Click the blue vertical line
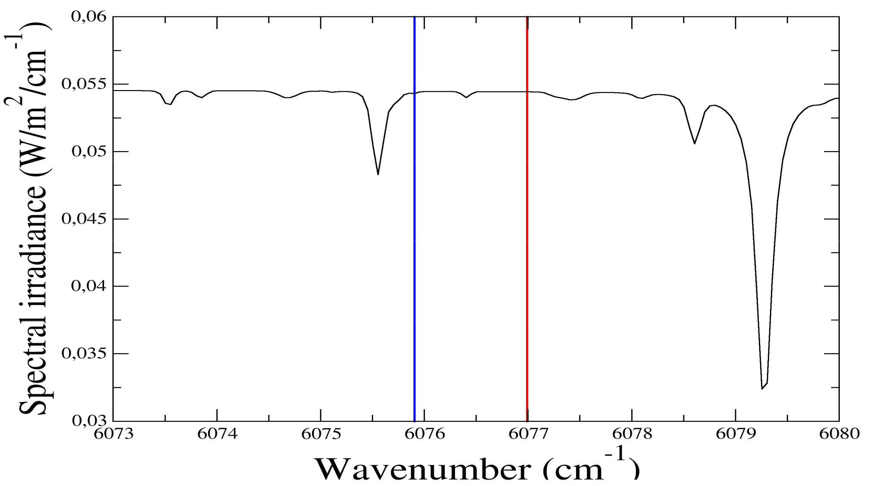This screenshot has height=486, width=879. point(414,259)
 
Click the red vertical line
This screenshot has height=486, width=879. point(527,259)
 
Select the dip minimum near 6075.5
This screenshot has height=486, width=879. point(378,174)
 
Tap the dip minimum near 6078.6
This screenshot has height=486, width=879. point(695,143)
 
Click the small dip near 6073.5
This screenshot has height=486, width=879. point(170,104)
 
